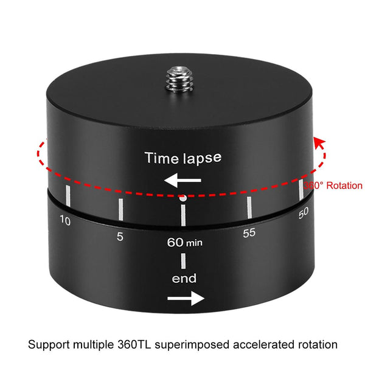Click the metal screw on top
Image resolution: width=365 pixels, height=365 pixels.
[179, 79]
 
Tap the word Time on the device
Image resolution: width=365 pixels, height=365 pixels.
[161, 158]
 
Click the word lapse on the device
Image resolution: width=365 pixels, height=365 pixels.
[202, 158]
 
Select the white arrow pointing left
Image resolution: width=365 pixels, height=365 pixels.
[182, 180]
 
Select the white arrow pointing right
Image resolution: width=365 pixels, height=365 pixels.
[186, 298]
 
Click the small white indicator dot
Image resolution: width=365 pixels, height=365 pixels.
[183, 198]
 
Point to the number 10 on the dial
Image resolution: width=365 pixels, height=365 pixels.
[65, 220]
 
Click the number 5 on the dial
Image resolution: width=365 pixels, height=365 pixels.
[120, 237]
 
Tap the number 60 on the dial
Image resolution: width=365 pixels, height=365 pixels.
[175, 242]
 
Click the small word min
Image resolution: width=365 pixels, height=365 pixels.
[194, 243]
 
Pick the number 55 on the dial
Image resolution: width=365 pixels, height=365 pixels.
[249, 233]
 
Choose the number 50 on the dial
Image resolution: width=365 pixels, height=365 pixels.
[304, 213]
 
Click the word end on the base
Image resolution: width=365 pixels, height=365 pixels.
[184, 279]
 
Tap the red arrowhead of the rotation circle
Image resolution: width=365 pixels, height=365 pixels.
[319, 143]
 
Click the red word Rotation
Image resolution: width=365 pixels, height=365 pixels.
[344, 186]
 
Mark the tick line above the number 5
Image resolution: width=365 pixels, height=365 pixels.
[120, 209]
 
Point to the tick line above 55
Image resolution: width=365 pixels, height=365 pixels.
[249, 207]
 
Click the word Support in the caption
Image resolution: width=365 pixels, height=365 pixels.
[49, 345]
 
